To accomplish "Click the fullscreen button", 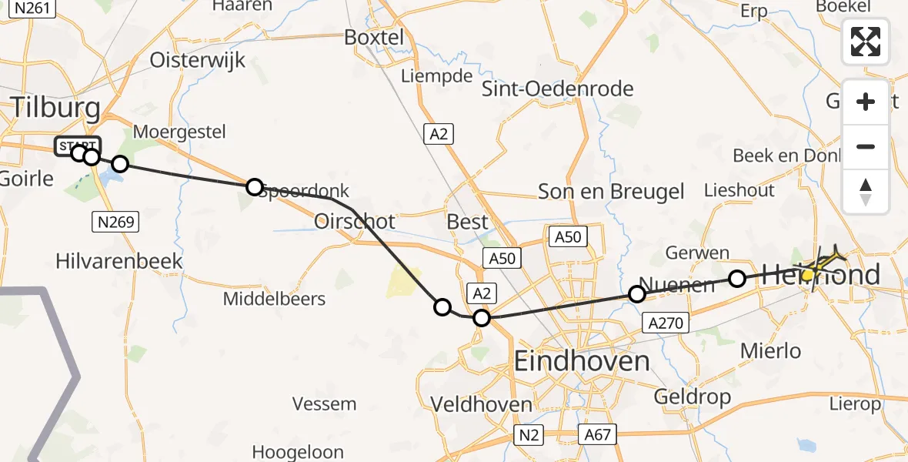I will click(x=866, y=42).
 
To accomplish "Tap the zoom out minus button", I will click(x=866, y=146).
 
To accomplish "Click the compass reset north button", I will click(x=866, y=192).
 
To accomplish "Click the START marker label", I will click(x=77, y=144).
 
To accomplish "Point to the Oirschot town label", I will click(x=355, y=222).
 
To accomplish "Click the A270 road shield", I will click(x=666, y=323).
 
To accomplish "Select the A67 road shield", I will click(x=596, y=435).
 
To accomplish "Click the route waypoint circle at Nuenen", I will click(x=637, y=293).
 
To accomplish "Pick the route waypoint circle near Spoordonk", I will click(x=254, y=186).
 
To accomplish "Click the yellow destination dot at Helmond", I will click(x=808, y=274).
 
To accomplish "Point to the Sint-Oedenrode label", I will click(x=557, y=89).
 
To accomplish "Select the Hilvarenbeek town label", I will click(x=119, y=261).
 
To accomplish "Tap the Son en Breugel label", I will click(x=611, y=192).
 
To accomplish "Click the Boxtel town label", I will click(x=374, y=37).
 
